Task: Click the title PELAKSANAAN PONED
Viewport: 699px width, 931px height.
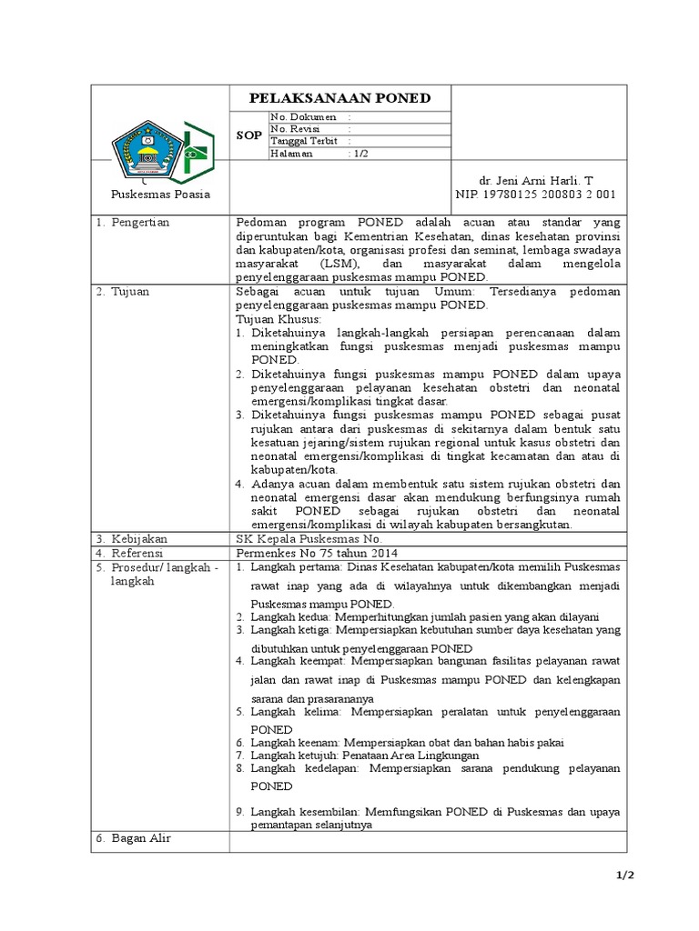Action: coord(340,98)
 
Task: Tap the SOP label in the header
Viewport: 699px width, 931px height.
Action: coord(248,135)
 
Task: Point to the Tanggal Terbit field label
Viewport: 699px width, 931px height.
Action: coord(304,141)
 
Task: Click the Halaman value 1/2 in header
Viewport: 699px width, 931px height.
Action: coord(361,154)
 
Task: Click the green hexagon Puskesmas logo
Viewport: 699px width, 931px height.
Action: coord(195,152)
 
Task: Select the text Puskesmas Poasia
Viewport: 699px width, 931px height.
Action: coord(160,195)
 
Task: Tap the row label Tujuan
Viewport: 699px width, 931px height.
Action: coord(131,291)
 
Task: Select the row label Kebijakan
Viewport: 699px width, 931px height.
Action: coord(139,538)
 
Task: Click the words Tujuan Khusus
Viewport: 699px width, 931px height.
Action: coord(279,321)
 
